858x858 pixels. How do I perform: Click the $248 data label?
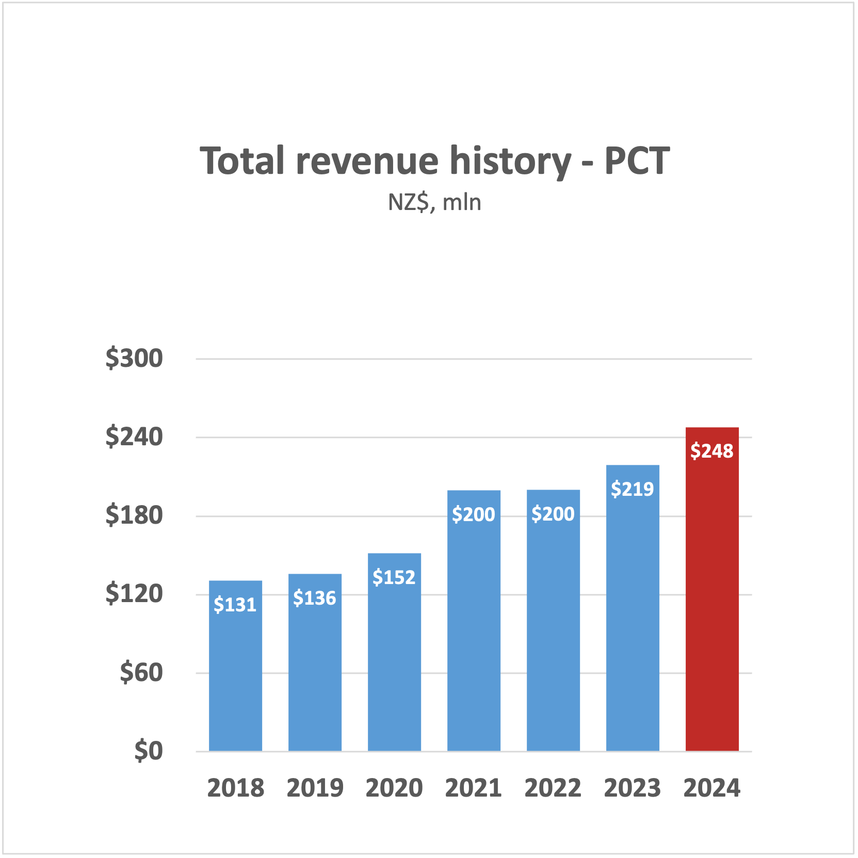712,451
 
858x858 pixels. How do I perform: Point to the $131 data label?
235,605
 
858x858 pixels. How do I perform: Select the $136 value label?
315,598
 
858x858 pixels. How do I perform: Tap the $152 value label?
394,577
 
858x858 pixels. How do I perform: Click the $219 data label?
633,489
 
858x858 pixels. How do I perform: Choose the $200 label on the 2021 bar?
474,514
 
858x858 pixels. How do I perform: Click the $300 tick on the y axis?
134,358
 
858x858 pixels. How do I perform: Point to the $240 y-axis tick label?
134,437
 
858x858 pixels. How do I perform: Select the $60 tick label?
141,673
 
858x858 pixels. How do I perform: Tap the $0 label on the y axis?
149,751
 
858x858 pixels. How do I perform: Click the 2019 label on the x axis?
315,788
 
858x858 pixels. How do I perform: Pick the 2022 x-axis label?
553,788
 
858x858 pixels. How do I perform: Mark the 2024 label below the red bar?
712,788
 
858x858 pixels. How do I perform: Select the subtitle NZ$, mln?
434,202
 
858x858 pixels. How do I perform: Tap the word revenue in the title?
367,161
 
